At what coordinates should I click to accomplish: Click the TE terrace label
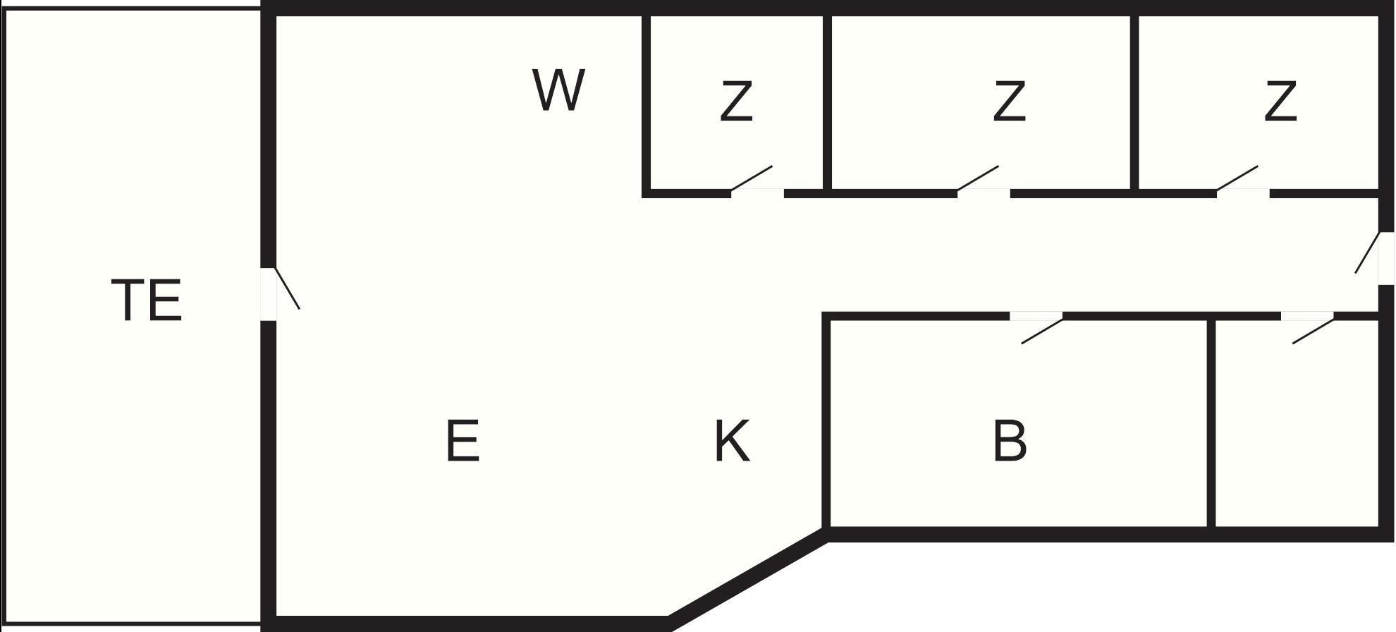[147, 300]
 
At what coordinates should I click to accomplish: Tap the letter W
[558, 90]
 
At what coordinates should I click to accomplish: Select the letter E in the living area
[463, 441]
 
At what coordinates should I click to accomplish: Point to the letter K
[732, 441]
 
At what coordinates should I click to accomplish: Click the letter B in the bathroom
[1010, 441]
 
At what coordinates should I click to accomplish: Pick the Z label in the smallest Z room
[736, 102]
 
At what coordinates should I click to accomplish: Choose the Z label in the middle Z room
[1009, 102]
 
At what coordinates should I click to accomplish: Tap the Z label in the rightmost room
[1280, 102]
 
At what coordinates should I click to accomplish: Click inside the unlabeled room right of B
[1296, 430]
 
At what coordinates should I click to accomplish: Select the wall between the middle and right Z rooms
[1134, 102]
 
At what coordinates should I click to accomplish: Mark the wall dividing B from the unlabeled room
[1211, 423]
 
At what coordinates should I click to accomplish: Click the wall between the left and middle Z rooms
[827, 102]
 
